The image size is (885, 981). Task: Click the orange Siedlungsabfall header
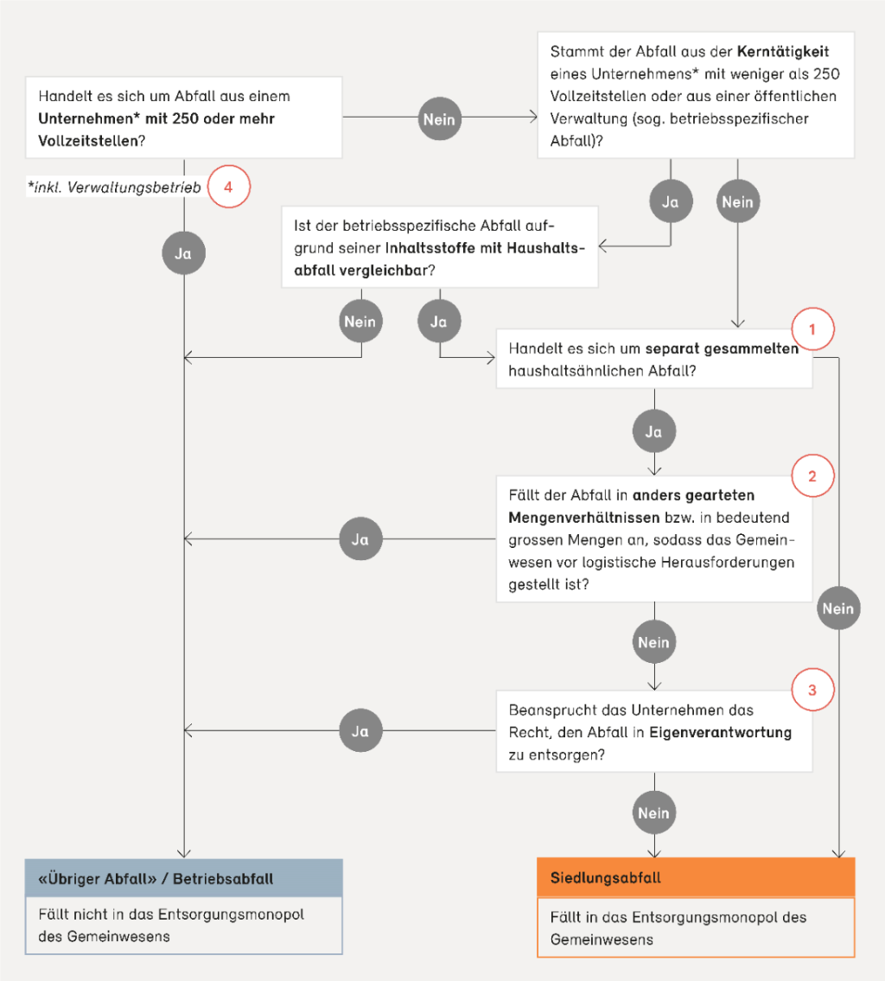(x=696, y=877)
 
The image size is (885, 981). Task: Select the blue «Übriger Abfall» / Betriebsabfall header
(x=184, y=878)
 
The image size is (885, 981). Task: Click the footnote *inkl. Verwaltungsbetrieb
(x=114, y=187)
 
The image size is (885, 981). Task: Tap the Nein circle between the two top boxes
(x=439, y=119)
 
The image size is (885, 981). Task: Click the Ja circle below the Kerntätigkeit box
(x=671, y=201)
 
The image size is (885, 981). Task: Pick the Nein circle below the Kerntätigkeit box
(x=737, y=201)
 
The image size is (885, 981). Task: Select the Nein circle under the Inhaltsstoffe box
(x=360, y=322)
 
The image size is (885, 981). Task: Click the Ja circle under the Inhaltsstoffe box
(x=439, y=322)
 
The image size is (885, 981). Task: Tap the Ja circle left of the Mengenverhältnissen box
(x=360, y=538)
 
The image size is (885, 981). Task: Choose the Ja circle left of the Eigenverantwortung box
(x=360, y=730)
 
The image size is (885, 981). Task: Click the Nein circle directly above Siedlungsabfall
(x=654, y=812)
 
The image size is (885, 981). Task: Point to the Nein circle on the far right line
(x=838, y=608)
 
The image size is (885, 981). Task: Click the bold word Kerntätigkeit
(x=783, y=51)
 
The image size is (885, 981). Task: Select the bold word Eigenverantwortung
(x=721, y=733)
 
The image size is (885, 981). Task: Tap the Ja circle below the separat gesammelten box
(x=654, y=431)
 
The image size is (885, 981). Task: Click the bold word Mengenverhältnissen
(x=584, y=518)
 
